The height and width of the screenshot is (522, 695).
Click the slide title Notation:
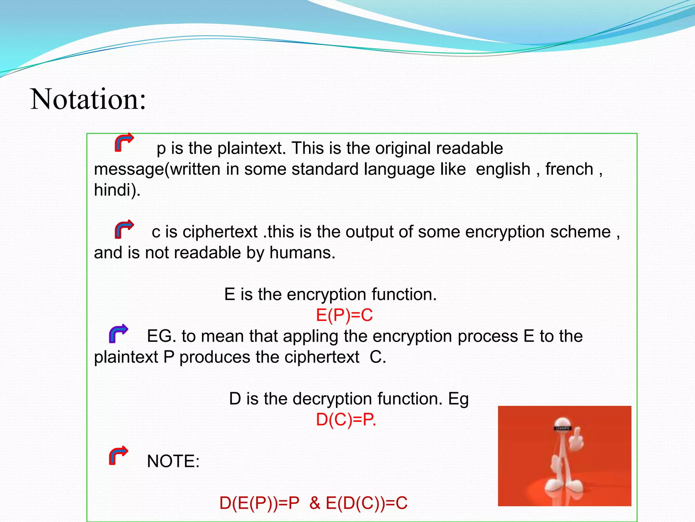[x=88, y=99]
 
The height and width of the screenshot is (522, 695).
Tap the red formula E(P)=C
[x=344, y=315]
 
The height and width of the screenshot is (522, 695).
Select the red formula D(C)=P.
[x=346, y=419]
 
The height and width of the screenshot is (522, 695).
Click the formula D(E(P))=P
[x=260, y=503]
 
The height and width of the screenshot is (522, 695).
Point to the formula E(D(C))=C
[x=367, y=503]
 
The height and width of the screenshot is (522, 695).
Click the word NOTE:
[x=173, y=461]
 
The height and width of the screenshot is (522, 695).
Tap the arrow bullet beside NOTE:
[x=118, y=455]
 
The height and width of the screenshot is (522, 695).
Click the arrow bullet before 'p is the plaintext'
[x=124, y=142]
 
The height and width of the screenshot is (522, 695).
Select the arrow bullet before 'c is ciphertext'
[x=124, y=229]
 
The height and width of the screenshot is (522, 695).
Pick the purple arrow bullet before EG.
[x=118, y=333]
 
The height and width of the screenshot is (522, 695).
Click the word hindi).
[x=117, y=190]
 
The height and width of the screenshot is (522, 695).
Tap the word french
[x=569, y=169]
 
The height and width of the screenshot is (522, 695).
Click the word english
[x=503, y=169]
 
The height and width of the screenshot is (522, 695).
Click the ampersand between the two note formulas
[x=315, y=503]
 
